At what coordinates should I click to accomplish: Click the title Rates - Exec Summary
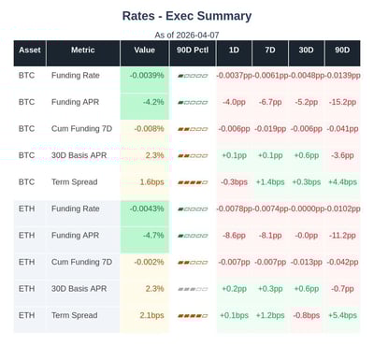(187, 16)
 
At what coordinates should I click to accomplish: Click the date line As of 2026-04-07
(187, 35)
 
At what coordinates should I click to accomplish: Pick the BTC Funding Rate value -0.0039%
(147, 74)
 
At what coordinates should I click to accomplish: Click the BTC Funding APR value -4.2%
(152, 101)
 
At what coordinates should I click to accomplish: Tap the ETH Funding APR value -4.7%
(152, 236)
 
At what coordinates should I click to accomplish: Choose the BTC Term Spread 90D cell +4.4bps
(343, 181)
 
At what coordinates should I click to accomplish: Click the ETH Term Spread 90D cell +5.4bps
(343, 316)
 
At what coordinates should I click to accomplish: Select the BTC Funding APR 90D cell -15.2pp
(343, 101)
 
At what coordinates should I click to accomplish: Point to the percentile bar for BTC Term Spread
(192, 181)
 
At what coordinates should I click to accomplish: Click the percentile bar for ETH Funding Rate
(192, 209)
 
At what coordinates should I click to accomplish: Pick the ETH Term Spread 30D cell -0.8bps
(307, 316)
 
